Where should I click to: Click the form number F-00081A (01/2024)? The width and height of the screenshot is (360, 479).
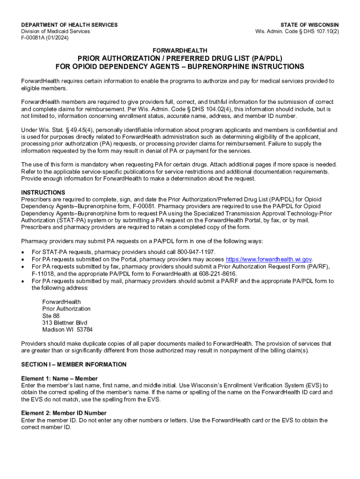(x=45, y=38)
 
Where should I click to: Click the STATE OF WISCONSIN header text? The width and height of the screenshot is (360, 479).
(x=310, y=25)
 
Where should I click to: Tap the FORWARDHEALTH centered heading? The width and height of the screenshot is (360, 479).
(x=180, y=50)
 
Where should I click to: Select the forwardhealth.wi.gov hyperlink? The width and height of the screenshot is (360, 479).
(x=269, y=260)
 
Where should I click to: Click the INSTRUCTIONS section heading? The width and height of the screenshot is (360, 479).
(x=43, y=192)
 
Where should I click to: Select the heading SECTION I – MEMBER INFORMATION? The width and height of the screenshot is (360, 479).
(x=74, y=364)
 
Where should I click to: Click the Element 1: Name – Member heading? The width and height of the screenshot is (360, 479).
(x=59, y=378)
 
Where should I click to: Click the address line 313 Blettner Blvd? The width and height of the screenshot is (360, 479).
(x=65, y=323)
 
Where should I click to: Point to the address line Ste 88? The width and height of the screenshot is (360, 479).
(x=51, y=316)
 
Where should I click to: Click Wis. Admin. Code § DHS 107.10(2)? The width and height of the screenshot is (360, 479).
(x=297, y=31)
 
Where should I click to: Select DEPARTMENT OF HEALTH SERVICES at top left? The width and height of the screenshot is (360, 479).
(x=70, y=25)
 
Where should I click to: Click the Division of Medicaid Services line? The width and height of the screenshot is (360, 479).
(x=56, y=31)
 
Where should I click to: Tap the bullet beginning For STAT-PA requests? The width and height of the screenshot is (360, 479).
(x=123, y=252)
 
